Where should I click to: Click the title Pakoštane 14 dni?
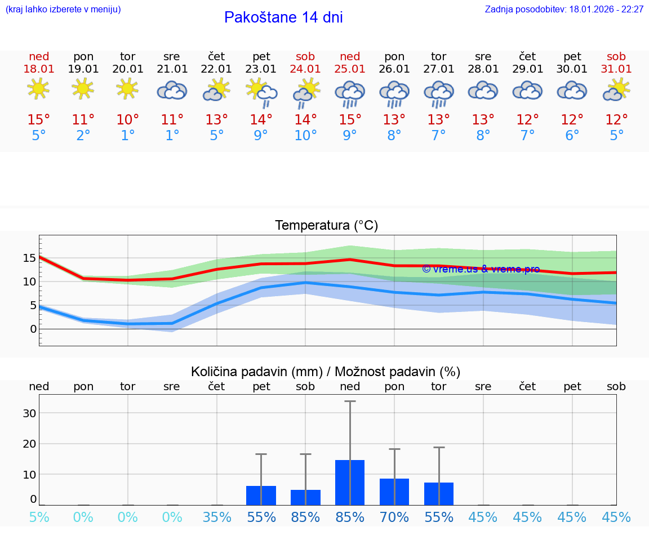(x=283, y=17)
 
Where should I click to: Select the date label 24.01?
(x=305, y=69)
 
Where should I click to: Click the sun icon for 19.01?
(x=83, y=89)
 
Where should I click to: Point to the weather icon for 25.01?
(x=349, y=92)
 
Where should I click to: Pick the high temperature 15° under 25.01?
(x=350, y=120)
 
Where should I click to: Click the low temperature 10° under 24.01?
(x=305, y=136)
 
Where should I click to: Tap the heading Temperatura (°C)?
(x=326, y=226)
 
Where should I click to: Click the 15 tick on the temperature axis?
(x=29, y=258)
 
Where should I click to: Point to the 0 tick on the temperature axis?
(x=33, y=329)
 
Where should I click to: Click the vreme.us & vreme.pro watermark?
(x=481, y=269)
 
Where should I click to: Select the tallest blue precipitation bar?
(x=350, y=483)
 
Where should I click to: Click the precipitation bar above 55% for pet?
(x=261, y=496)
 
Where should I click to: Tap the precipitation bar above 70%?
(x=394, y=492)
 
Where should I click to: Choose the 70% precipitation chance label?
(x=394, y=517)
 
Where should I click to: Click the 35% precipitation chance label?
(x=217, y=517)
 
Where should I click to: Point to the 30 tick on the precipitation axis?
(x=29, y=413)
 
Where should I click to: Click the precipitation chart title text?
(x=326, y=372)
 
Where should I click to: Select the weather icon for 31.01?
(x=616, y=90)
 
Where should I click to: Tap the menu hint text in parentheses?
(x=63, y=10)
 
